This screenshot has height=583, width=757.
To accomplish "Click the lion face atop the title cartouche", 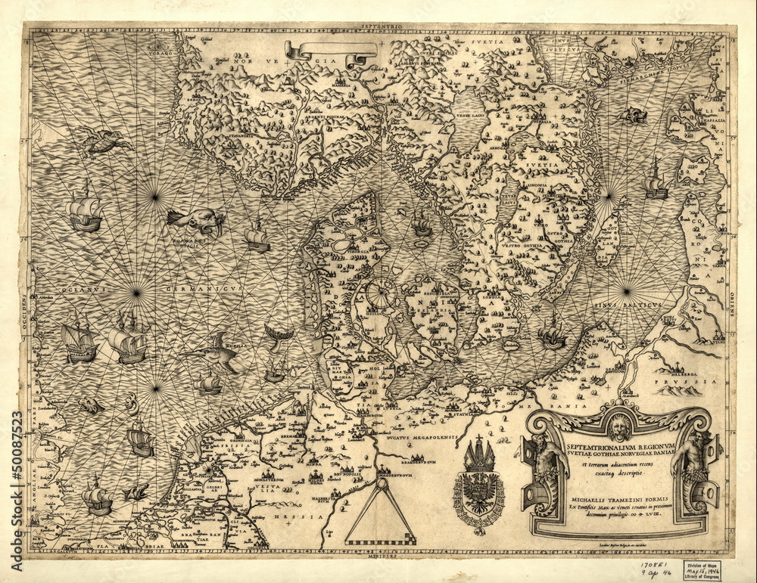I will click(x=618, y=427).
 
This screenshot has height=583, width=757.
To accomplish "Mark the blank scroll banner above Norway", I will click(x=331, y=51).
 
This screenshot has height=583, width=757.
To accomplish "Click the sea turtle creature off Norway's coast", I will click(x=102, y=141).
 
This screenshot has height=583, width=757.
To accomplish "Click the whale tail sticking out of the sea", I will click(x=278, y=333).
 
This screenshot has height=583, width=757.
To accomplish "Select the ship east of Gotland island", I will click(x=656, y=181).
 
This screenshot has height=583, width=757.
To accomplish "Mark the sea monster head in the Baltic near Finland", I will click(x=633, y=116).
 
